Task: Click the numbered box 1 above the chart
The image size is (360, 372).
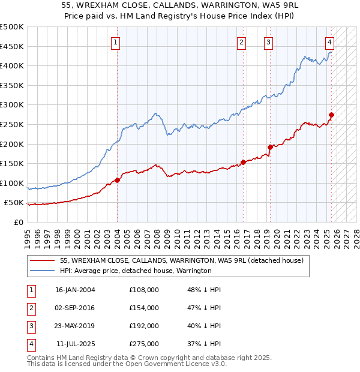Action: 115,42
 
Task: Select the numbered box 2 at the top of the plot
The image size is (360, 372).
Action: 241,42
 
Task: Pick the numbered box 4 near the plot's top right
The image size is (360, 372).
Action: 330,42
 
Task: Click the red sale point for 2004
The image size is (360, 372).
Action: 117,180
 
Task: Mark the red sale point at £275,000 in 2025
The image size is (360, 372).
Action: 332,115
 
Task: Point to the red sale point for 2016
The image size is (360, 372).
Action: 243,162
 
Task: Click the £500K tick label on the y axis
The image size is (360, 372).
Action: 12,27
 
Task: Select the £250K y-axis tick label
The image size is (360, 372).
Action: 12,124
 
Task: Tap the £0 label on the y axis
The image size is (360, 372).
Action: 19,222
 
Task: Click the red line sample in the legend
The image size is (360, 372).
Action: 42,260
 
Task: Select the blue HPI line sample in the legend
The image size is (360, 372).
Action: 42,271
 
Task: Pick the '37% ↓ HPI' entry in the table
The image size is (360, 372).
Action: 204,344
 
